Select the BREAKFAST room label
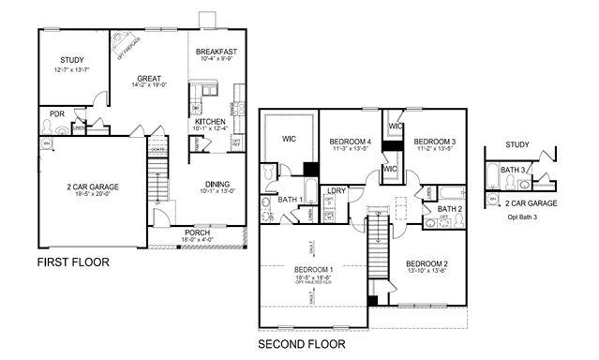(x=217, y=52)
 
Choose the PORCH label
(x=197, y=232)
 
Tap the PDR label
(x=56, y=113)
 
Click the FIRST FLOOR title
(x=73, y=262)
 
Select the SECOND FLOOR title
(x=302, y=344)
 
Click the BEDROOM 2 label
(x=427, y=264)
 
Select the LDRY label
(x=337, y=190)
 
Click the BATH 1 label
(x=289, y=200)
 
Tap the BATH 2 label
(x=450, y=209)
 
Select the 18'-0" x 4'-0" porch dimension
(x=197, y=240)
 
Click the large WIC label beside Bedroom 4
(x=291, y=139)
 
